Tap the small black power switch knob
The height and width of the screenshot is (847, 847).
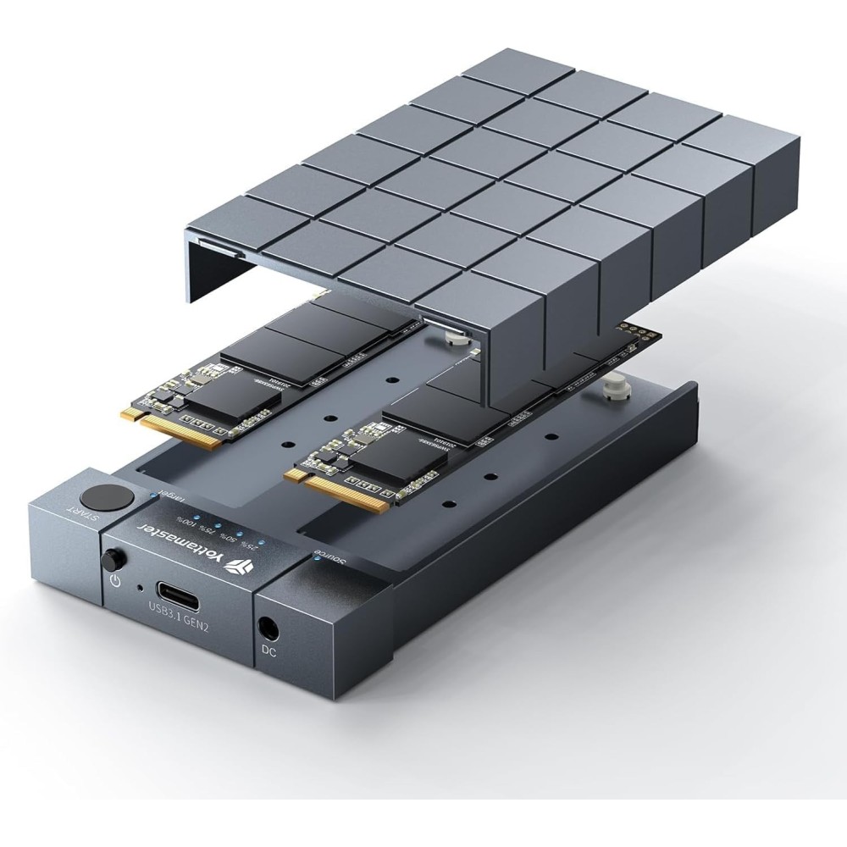coord(111,560)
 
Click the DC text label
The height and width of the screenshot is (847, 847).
coord(269,654)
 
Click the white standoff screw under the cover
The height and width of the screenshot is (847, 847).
coord(456,336)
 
